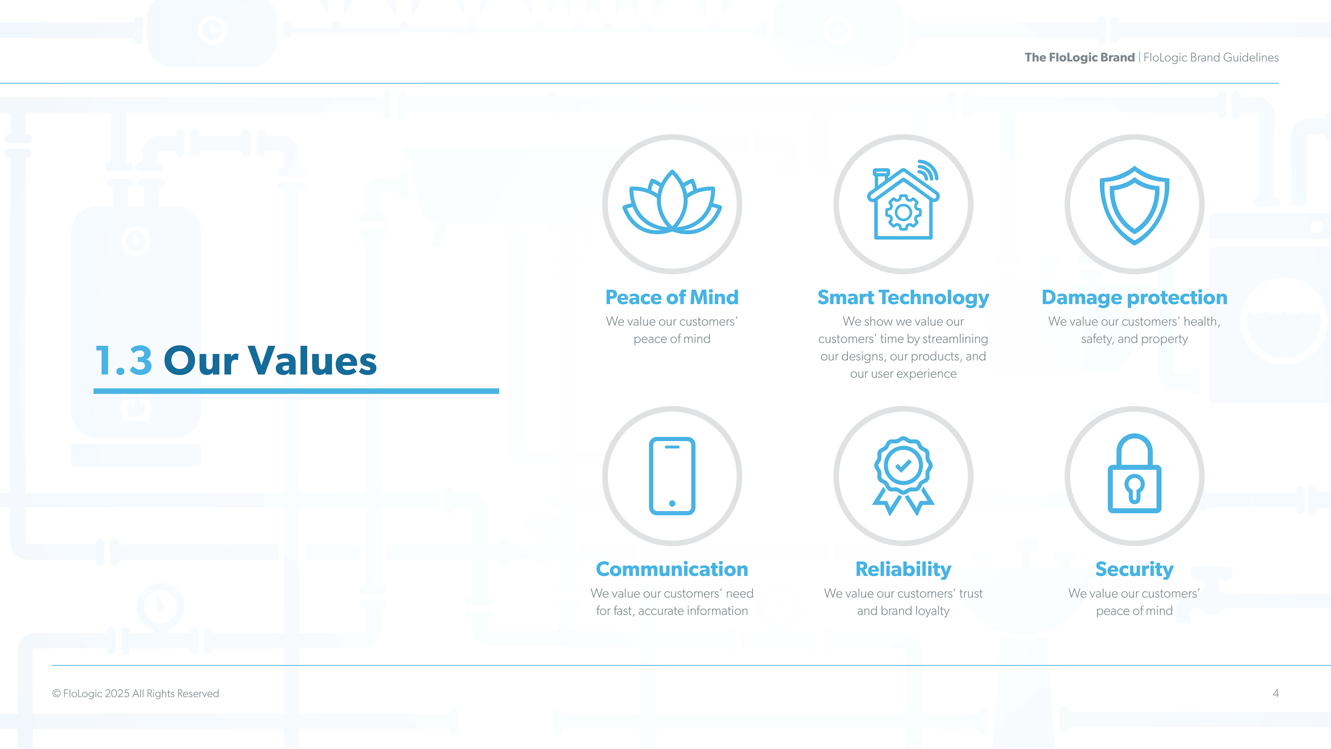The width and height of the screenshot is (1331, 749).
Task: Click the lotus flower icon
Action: click(672, 202)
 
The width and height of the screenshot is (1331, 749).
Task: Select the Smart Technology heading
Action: click(903, 298)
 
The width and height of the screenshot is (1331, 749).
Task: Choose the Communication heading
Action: click(672, 569)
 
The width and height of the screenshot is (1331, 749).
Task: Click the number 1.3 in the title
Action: click(124, 360)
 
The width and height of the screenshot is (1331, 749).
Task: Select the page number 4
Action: click(1276, 694)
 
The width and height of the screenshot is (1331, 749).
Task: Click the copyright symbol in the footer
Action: click(56, 694)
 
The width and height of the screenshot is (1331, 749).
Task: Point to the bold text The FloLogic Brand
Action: click(1080, 57)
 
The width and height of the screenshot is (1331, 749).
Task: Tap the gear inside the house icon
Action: click(903, 212)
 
